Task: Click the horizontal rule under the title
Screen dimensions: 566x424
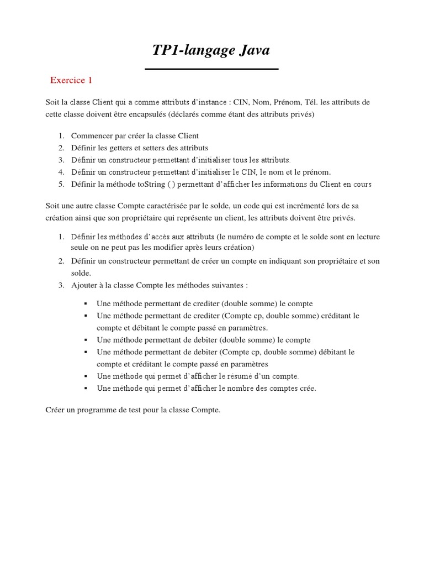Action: click(x=211, y=69)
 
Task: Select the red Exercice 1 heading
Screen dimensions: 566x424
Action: click(x=71, y=80)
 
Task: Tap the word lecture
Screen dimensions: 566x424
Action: click(x=366, y=237)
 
